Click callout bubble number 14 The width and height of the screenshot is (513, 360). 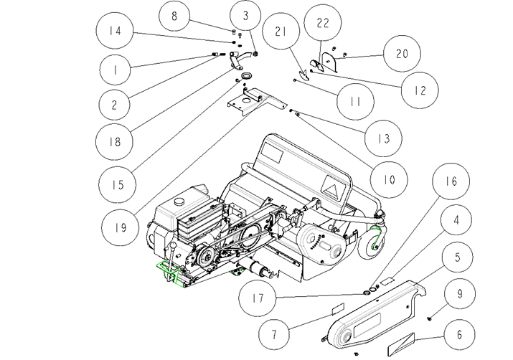(x=116, y=32)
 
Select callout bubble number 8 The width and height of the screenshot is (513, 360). (x=174, y=16)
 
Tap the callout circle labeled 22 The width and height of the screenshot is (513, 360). (x=323, y=23)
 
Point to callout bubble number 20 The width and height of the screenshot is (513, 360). (x=402, y=54)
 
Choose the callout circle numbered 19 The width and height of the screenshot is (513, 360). (x=121, y=227)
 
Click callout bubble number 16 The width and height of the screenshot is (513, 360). (x=451, y=181)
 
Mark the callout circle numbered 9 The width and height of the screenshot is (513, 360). (x=460, y=293)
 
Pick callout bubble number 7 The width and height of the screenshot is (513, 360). (x=274, y=334)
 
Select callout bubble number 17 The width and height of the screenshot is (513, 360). (x=258, y=298)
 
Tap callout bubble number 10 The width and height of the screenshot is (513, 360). (x=389, y=179)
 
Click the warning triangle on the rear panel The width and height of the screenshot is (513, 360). (x=333, y=189)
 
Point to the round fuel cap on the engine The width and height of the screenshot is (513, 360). (x=181, y=202)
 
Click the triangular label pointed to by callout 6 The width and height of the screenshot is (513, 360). (x=402, y=344)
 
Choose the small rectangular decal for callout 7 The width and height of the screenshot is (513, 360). (x=338, y=308)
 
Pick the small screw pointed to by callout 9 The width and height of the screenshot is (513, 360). (x=429, y=318)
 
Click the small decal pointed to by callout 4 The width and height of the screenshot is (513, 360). (x=389, y=280)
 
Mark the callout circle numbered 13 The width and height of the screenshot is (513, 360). (x=383, y=138)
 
